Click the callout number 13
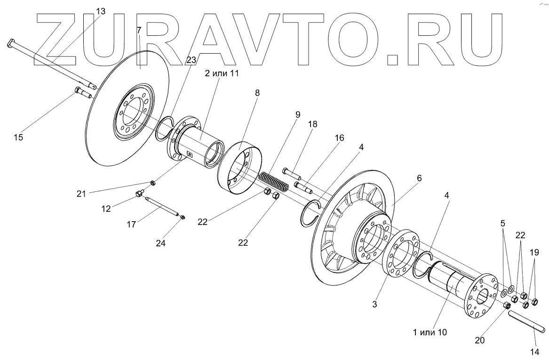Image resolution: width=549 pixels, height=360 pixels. (x=101, y=10)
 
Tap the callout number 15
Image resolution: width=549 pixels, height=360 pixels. (x=18, y=138)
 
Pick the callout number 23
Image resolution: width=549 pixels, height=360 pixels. (x=191, y=60)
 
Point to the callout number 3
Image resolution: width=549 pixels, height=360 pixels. (x=374, y=304)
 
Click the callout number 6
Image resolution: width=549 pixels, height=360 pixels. (x=419, y=178)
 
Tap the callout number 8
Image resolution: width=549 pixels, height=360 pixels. (x=257, y=93)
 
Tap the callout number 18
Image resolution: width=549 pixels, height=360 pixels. (x=313, y=124)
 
